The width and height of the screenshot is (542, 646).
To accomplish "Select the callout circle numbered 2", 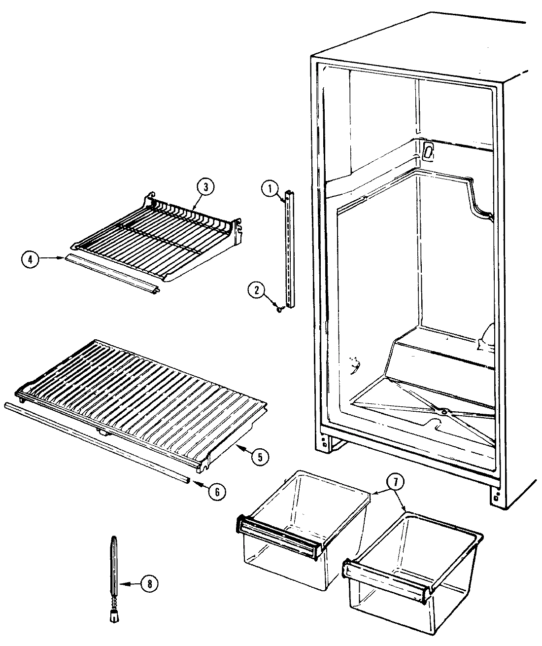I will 256,290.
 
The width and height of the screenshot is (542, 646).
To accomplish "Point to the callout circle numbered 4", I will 30,259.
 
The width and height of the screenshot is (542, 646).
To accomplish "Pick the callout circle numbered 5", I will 259,457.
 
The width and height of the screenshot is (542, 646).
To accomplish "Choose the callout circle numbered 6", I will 217,491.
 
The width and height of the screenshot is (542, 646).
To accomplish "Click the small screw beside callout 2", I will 280,309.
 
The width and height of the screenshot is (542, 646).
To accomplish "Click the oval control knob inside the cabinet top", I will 428,150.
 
